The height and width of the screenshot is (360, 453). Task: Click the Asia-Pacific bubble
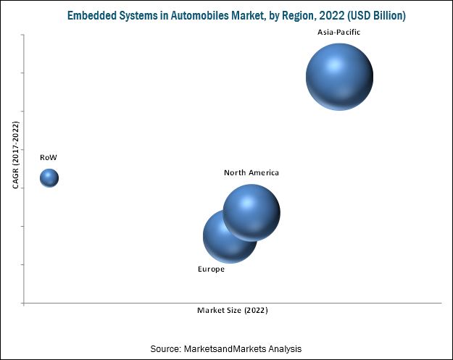point(339,76)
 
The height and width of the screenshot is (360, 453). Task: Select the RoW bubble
point(49,177)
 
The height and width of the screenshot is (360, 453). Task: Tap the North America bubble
point(252,212)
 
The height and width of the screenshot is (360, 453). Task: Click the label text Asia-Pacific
point(339,33)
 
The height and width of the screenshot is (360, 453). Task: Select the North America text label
point(252,172)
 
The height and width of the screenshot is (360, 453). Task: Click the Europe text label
point(211,269)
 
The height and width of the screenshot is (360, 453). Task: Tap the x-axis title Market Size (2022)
point(233,311)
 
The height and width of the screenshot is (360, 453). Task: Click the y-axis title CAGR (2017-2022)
point(16,155)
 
